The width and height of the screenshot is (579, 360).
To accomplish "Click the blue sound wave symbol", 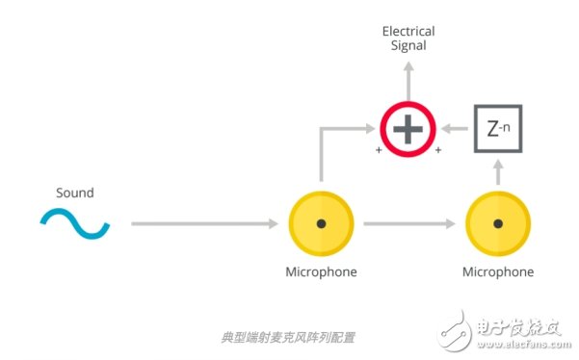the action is point(74,224).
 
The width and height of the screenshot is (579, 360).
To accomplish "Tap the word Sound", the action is point(74,193).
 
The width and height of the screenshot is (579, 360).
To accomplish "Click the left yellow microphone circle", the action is point(321,223).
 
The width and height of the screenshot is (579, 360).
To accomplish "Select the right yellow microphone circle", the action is point(498,223).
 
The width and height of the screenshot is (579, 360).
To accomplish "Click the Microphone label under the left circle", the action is point(321,271).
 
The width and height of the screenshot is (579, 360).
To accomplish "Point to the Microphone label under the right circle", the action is point(498,271).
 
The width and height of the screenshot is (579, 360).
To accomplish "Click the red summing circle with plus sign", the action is point(408,128).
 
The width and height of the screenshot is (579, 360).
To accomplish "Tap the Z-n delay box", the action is point(498,128).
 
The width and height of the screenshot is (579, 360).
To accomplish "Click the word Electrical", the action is point(408,32).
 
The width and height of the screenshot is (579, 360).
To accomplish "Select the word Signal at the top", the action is point(408,45).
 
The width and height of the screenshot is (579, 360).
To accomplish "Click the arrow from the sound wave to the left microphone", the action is point(202,224).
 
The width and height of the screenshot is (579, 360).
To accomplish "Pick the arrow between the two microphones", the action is point(409,224).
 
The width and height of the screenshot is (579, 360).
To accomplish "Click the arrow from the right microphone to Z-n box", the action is point(498,173).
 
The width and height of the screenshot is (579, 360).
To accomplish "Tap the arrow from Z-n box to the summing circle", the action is point(454,128).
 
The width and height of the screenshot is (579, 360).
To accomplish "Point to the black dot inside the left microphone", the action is point(321,223).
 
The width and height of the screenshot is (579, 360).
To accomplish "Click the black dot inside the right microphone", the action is point(498,223).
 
